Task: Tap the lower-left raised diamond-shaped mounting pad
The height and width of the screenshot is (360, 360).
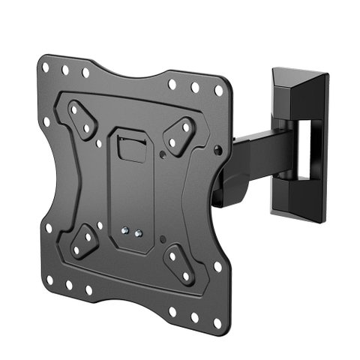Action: (x=84, y=241)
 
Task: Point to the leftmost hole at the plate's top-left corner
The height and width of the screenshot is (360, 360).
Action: (x=46, y=67)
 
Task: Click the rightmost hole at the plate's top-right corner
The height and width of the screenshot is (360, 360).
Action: (x=218, y=91)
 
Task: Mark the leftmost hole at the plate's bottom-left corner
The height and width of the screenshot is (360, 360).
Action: (x=50, y=279)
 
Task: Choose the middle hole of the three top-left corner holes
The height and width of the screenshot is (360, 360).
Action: (x=66, y=70)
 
